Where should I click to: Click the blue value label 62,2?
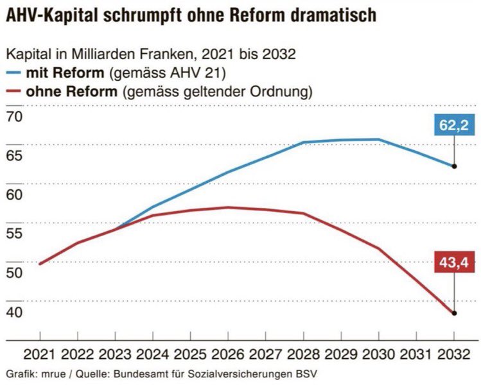coord(453,126)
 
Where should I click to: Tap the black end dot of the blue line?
coord(454,166)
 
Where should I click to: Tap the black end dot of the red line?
coord(454,313)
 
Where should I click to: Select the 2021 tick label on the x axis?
coord(40,354)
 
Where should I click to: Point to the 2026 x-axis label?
coord(228,354)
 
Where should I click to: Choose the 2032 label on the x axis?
coord(454,354)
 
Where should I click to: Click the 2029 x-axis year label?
coord(341,354)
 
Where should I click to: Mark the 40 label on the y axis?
coord(13,312)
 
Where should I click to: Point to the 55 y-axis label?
coord(13,234)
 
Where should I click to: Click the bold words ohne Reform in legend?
coord(71,91)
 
